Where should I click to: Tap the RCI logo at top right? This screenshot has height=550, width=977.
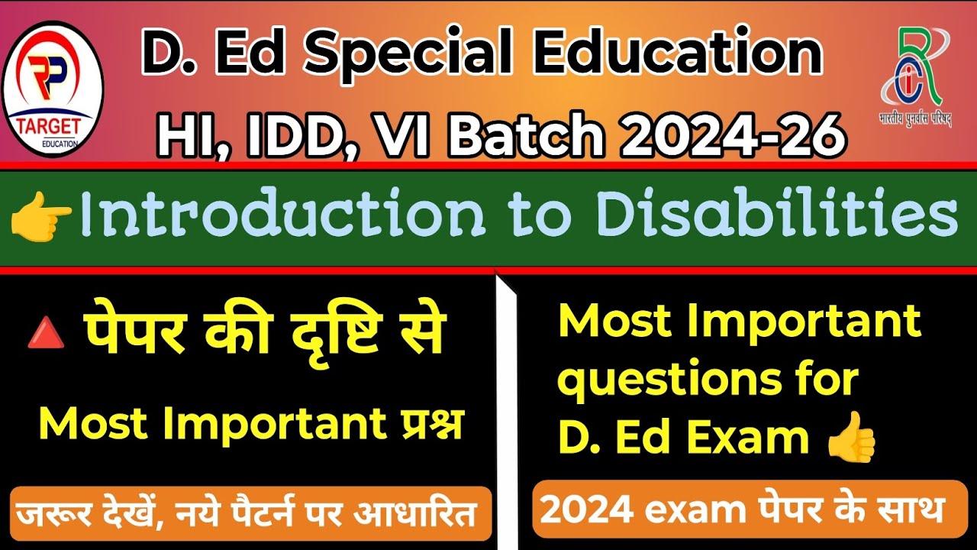(915, 76)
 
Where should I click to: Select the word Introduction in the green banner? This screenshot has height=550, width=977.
(282, 216)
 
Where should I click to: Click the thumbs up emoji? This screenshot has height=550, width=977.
(851, 436)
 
